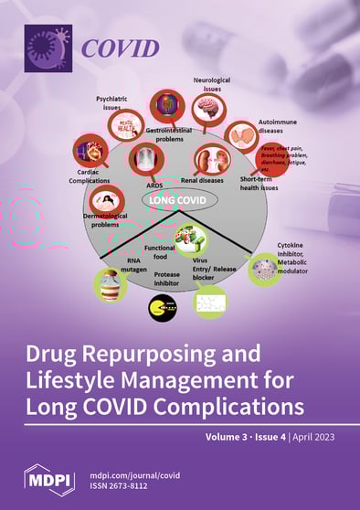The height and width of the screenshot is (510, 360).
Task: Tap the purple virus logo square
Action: pyautogui.click(x=48, y=47)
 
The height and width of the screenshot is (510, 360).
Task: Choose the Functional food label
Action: pyautogui.click(x=159, y=252)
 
